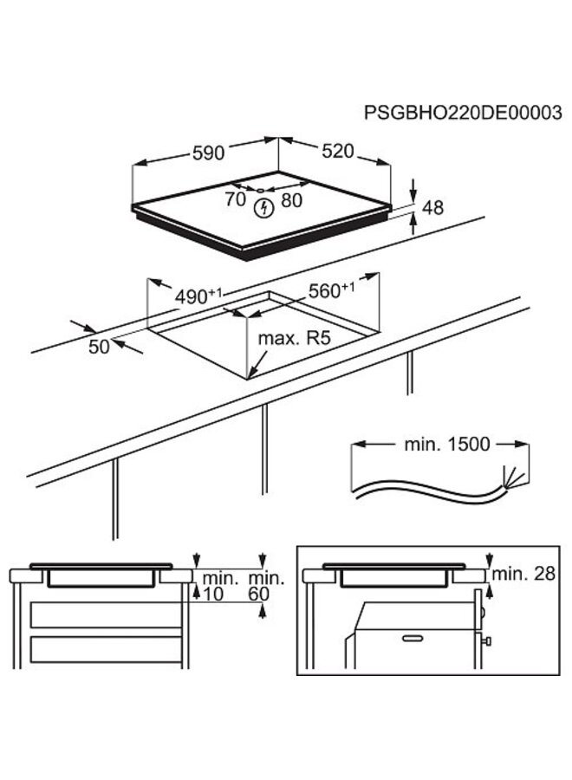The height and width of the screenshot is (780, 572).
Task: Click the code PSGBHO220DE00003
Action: coord(463,114)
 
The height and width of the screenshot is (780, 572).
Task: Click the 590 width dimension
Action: coord(207,153)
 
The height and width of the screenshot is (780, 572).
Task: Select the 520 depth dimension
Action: coord(337,151)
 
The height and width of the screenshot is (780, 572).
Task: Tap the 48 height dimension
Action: coord(432,208)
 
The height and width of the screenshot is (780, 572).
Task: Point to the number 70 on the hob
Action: coord(235,199)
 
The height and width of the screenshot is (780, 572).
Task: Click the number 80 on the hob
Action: coord(292,199)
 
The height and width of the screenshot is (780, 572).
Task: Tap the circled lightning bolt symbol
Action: coord(263,208)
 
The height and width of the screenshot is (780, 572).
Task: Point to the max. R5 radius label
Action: coord(295,338)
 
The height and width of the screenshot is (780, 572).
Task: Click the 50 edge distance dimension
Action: coord(101,347)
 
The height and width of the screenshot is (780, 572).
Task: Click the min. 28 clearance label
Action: coord(523,575)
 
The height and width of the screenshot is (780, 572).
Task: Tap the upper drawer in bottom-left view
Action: coord(106,615)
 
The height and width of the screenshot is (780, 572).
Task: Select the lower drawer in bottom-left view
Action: coord(106,648)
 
